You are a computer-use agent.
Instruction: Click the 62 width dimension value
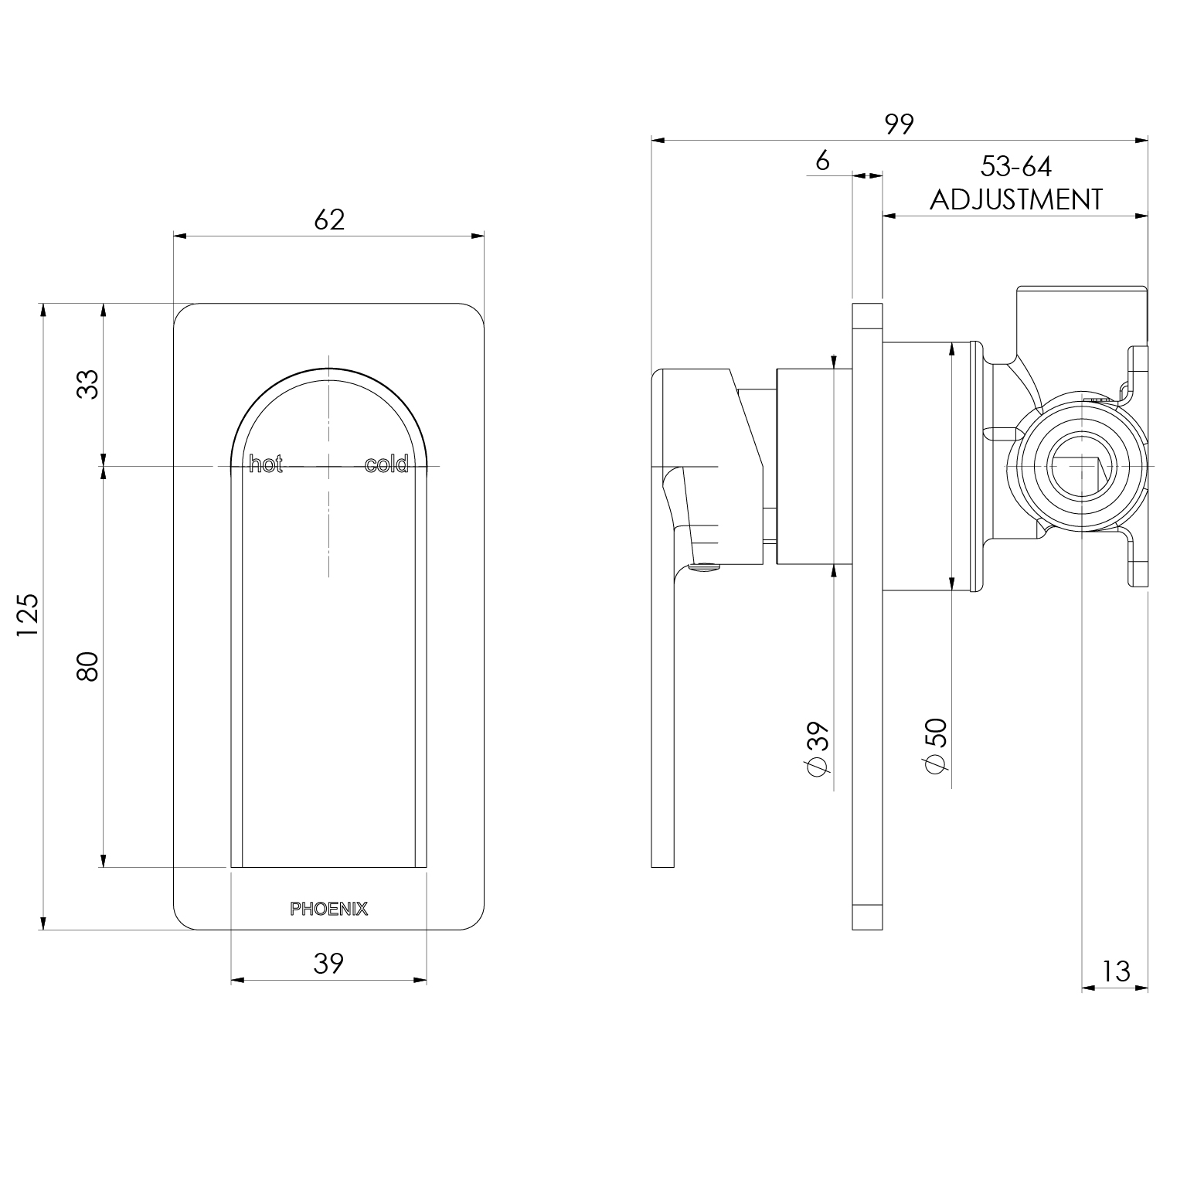tap(329, 220)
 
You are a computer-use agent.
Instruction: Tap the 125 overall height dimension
tap(28, 615)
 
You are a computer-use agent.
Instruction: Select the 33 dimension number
tap(89, 384)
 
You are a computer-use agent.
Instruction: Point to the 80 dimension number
tap(89, 666)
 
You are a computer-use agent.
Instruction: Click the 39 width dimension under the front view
tap(328, 963)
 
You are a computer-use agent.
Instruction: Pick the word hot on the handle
tap(266, 465)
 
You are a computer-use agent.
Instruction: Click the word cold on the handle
tap(386, 465)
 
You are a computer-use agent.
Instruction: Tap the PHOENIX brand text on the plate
tap(329, 910)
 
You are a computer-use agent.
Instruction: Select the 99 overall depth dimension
tap(900, 124)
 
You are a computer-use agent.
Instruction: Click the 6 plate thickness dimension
tap(822, 161)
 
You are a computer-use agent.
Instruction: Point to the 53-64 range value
tap(1015, 166)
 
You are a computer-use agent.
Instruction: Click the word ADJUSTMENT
tap(1015, 199)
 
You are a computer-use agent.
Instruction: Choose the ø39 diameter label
tap(818, 747)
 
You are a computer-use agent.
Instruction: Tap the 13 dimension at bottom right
tap(1116, 971)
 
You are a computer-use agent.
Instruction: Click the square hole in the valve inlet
tap(1080, 474)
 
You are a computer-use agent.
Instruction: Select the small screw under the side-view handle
tap(702, 570)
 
